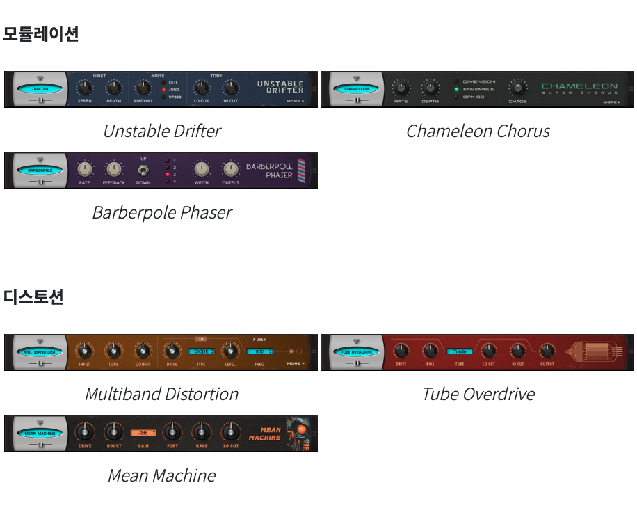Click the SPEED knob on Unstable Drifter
84,88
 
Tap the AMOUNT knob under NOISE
143,88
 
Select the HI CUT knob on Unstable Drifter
230,88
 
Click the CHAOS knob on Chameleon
517,88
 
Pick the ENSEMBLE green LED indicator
457,89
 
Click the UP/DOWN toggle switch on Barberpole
143,170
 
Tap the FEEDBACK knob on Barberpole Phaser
113,169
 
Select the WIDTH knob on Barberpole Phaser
201,169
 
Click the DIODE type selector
201,351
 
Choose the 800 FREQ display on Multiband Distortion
259,351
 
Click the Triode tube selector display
460,351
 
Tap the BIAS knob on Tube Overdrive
430,351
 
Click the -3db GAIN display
143,433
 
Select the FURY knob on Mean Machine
172,432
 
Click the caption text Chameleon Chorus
478,131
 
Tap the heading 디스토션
33,297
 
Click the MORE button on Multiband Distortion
296,363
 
